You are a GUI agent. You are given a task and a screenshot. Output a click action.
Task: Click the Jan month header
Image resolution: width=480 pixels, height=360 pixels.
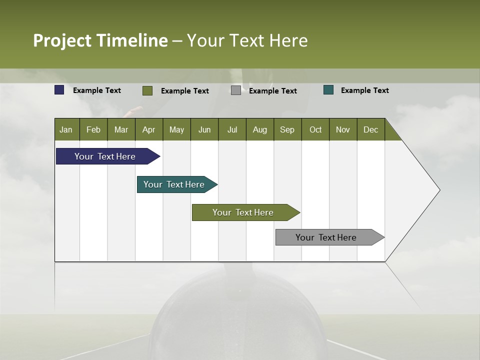tap(66, 129)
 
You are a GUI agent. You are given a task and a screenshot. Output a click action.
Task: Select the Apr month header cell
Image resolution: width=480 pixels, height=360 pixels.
tap(149, 129)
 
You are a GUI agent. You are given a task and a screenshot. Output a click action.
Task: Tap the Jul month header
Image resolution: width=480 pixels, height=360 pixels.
tap(232, 129)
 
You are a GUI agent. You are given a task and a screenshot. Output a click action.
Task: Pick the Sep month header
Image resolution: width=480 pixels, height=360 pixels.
tap(287, 129)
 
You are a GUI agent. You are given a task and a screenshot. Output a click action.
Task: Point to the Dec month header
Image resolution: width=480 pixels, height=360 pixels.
tap(370, 129)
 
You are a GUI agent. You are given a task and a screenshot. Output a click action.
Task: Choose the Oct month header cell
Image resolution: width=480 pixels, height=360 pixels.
tap(315, 129)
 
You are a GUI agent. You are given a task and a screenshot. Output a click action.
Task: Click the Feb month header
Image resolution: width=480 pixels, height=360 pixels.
tap(93, 129)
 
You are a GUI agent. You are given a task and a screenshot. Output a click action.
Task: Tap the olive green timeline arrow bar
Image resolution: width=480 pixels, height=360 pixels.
tap(243, 212)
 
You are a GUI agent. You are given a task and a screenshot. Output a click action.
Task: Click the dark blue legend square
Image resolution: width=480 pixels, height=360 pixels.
tap(59, 90)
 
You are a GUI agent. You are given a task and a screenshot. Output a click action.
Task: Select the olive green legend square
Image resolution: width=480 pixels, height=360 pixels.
tap(147, 90)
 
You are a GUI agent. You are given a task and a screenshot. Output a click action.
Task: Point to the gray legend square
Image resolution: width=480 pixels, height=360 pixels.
tap(236, 90)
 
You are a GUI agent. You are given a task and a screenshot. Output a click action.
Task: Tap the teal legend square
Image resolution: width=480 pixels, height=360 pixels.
tap(328, 90)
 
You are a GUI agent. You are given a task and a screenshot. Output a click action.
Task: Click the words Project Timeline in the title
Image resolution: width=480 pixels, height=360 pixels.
tap(100, 40)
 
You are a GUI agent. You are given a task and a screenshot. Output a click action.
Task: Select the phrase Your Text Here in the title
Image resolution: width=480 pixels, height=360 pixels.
tap(247, 40)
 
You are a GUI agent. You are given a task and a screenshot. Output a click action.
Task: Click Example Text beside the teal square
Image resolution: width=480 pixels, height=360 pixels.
tap(364, 90)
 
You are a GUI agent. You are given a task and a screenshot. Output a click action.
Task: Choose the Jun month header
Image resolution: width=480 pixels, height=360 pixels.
tap(204, 129)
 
